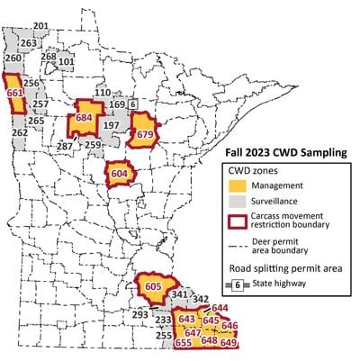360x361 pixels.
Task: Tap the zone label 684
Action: [x=85, y=117]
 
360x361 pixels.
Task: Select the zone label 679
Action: [x=143, y=136]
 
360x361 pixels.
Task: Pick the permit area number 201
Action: [x=40, y=26]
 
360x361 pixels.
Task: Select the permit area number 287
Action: [x=65, y=145]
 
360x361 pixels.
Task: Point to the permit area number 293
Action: [x=139, y=314]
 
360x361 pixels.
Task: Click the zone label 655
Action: [x=184, y=342]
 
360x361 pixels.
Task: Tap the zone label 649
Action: [x=229, y=343]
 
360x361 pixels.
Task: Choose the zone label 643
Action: [x=187, y=320]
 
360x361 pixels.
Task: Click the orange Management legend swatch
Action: [x=238, y=186]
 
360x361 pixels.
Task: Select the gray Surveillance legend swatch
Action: [x=238, y=205]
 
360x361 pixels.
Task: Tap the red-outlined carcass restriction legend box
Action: [x=238, y=224]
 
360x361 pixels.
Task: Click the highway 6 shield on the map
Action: [x=131, y=104]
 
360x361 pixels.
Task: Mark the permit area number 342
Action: [x=201, y=299]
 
